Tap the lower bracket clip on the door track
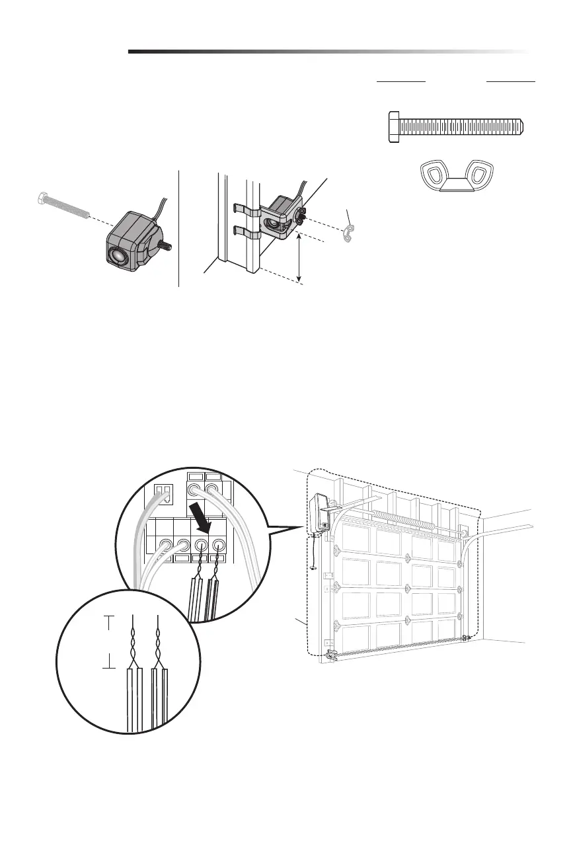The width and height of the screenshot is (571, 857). (x=245, y=233)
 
